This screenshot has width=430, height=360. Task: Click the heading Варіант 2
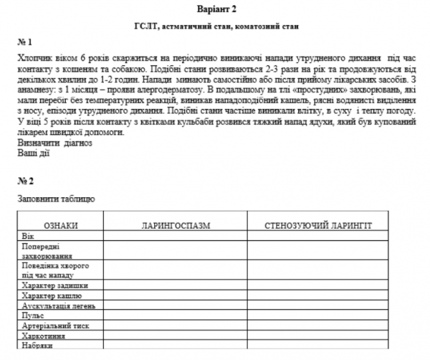point(215,8)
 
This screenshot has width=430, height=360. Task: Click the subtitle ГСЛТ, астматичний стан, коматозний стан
point(215,26)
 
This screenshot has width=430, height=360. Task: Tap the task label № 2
point(25,180)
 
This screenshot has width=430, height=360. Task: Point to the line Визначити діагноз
point(55,143)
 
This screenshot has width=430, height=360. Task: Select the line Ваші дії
point(33,153)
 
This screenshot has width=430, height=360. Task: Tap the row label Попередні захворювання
point(47,250)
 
